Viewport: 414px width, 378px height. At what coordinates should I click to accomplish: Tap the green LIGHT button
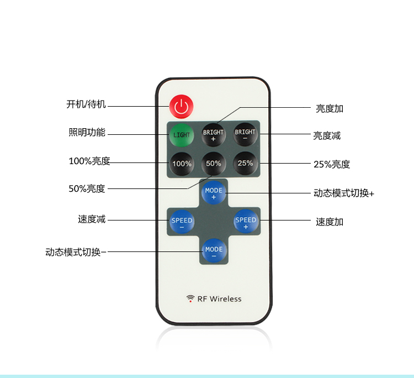pos(182,135)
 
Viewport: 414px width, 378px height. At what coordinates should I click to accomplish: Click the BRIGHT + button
pos(213,135)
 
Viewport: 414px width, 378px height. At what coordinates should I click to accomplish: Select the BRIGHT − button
pos(245,134)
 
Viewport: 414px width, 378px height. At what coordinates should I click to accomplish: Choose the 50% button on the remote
pos(213,164)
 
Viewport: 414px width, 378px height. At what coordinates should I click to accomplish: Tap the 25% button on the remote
pos(245,163)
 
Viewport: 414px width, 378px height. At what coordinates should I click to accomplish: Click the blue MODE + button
pos(214,193)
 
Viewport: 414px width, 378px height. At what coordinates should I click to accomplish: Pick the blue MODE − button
pos(214,251)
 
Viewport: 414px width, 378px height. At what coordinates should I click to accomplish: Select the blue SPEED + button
pos(246,221)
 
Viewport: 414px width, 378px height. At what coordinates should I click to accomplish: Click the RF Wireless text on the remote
pos(219,299)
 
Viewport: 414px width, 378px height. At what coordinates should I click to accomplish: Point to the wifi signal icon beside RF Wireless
pos(190,299)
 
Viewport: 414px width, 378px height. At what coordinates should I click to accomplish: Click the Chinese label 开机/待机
pos(86,104)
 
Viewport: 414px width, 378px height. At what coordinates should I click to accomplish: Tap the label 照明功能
pos(87,132)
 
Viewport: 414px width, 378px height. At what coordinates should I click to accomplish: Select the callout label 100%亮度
pos(89,161)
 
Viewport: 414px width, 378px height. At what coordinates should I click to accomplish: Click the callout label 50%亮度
pos(87,189)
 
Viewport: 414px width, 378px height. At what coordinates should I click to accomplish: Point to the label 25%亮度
pos(332,165)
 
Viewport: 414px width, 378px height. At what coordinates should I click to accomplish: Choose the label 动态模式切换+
pos(344,193)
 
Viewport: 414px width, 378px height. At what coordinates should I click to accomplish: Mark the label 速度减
pos(92,219)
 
